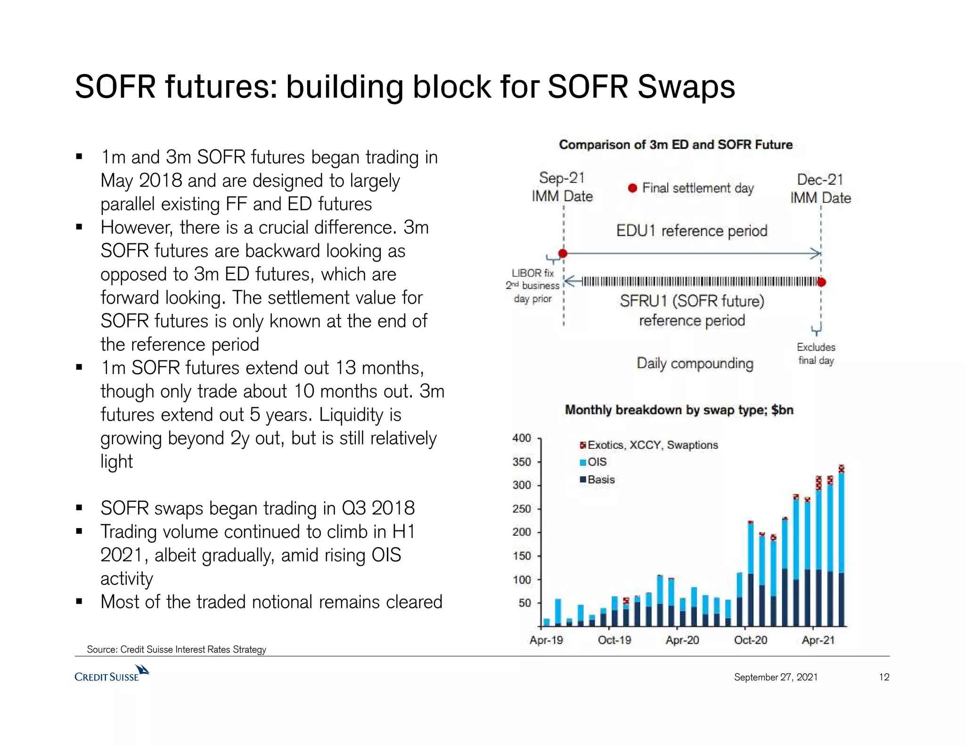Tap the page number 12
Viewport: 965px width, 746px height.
(884, 677)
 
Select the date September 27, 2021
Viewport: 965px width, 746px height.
(776, 677)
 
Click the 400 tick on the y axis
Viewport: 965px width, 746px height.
(522, 438)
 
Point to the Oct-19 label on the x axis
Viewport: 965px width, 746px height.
(614, 640)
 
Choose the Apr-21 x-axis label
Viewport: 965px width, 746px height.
(818, 640)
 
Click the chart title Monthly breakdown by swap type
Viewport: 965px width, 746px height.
(679, 410)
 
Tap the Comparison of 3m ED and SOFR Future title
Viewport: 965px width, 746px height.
(676, 145)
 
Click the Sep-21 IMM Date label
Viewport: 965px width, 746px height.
(562, 187)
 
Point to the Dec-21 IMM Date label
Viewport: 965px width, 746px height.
(820, 188)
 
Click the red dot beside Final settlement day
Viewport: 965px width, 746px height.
(633, 188)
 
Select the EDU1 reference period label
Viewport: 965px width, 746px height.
(692, 231)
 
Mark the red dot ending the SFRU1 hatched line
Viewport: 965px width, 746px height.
(821, 282)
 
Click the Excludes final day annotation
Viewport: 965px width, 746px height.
(816, 354)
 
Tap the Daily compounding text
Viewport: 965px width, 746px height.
(695, 364)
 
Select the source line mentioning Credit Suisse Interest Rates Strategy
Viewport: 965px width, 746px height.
(177, 649)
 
